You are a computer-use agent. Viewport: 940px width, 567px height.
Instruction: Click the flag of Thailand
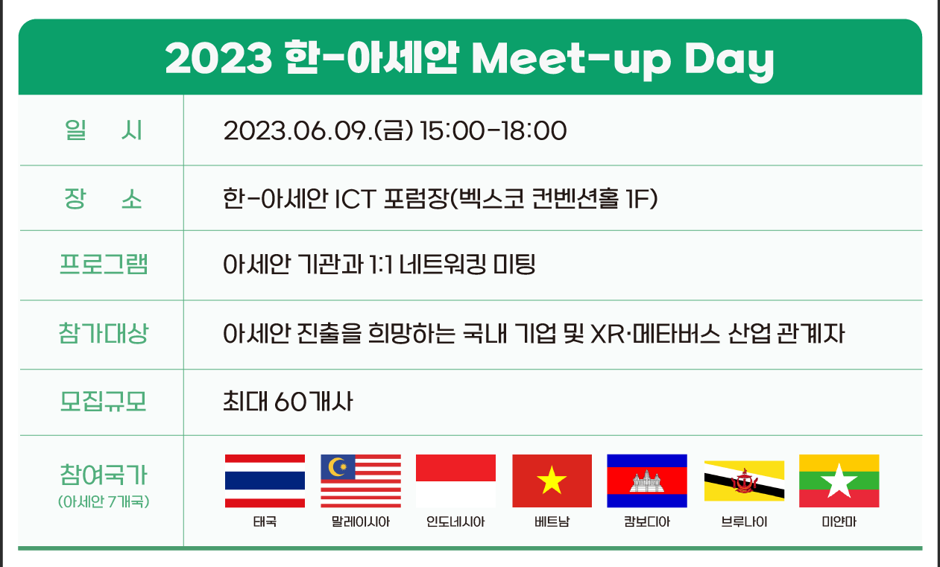[x=265, y=481]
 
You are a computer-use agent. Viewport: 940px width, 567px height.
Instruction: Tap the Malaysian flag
[x=361, y=481]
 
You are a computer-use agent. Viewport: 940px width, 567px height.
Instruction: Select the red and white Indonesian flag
[x=455, y=481]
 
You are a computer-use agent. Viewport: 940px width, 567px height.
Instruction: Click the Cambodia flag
[x=647, y=481]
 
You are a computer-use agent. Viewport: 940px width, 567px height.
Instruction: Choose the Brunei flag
[x=744, y=481]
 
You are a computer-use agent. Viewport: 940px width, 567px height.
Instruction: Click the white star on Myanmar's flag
[x=839, y=481]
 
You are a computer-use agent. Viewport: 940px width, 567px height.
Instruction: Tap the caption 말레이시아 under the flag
[x=361, y=522]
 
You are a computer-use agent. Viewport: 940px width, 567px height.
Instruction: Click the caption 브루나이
[x=744, y=522]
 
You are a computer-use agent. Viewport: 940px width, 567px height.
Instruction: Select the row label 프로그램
[x=104, y=265]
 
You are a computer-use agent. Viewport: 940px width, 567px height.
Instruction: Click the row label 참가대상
[x=104, y=333]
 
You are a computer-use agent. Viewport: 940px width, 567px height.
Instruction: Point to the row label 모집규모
[x=103, y=402]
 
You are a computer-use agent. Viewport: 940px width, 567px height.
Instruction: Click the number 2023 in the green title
[x=218, y=58]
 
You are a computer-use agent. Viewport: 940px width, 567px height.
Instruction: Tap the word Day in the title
[x=729, y=60]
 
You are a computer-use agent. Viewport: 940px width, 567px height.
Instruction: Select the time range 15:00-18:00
[x=493, y=130]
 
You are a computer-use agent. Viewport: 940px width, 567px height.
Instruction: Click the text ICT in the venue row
[x=355, y=199]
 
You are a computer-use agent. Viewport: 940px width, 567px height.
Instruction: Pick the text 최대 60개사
[x=288, y=402]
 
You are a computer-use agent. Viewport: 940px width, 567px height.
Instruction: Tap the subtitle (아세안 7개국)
[x=104, y=501]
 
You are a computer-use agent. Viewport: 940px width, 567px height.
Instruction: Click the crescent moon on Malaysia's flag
[x=335, y=466]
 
